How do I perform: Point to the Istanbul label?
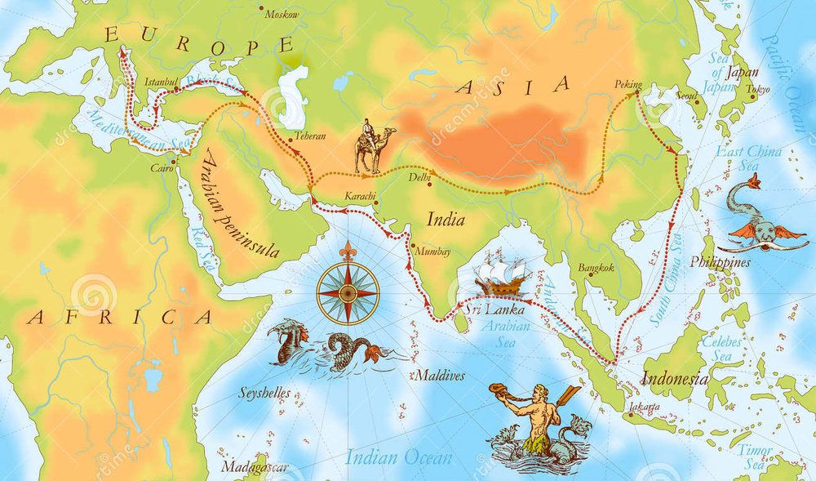[160, 82]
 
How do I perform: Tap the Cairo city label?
[162, 169]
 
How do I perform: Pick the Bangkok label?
[594, 267]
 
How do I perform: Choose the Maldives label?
[438, 376]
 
